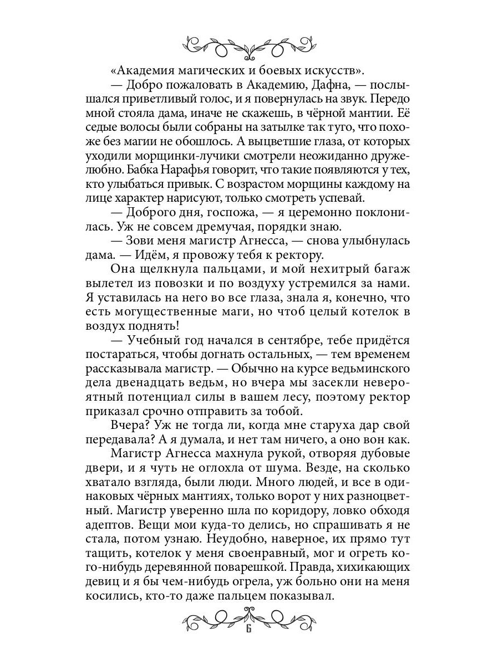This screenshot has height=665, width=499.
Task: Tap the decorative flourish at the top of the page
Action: (x=249, y=44)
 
